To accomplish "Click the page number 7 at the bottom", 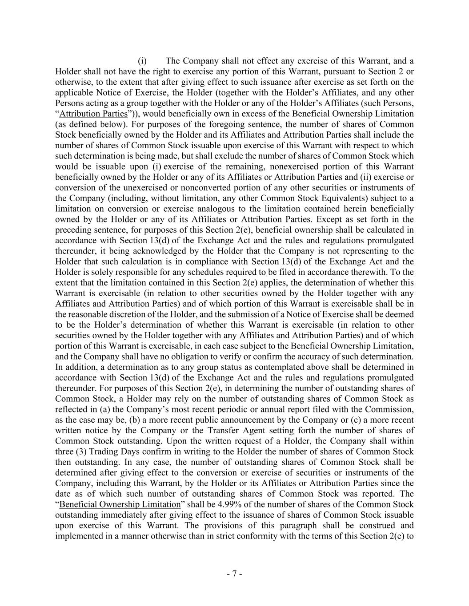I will (234, 574).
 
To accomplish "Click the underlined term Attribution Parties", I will (93, 114).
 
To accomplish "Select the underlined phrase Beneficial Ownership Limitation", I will (120, 504).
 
